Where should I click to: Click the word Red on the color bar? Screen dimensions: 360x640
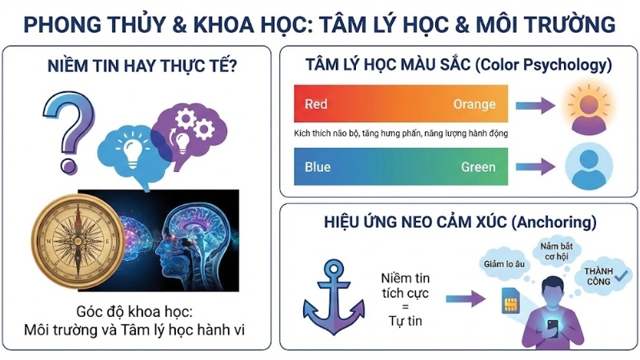point(317,104)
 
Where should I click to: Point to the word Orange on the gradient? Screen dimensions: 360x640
point(474,104)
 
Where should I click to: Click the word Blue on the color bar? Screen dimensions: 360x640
point(318,167)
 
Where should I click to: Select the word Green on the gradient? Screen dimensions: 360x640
point(478,167)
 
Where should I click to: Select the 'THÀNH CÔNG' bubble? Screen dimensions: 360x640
point(605,274)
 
